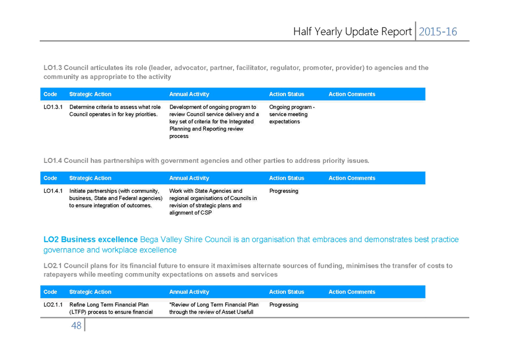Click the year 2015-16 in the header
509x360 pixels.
[437, 31]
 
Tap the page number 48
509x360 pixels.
[76, 325]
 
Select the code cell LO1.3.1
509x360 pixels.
[53, 107]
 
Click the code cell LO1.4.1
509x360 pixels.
[53, 191]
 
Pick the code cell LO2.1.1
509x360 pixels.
[53, 305]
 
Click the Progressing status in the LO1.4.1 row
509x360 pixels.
[284, 191]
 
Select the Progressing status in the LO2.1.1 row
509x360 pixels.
[284, 305]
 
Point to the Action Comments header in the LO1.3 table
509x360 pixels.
[352, 94]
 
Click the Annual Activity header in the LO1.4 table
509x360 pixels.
[189, 178]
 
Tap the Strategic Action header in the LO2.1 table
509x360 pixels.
[90, 292]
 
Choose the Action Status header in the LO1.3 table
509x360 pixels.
[287, 94]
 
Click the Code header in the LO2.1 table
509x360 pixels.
[50, 292]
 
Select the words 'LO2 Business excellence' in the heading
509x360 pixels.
[91, 239]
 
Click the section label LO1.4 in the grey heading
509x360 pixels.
[53, 161]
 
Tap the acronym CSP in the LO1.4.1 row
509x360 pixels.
[206, 213]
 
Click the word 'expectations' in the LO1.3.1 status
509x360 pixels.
[284, 121]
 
